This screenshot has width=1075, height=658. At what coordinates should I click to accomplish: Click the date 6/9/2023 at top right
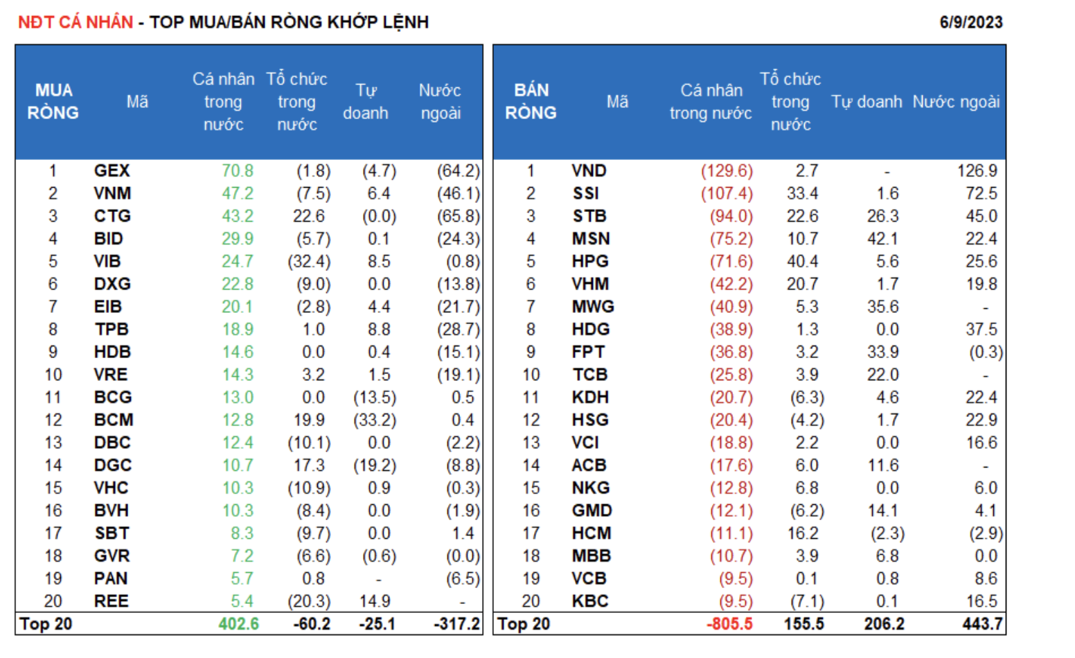click(x=970, y=22)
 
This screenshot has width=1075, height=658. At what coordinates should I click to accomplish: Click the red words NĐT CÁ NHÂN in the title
click(x=75, y=22)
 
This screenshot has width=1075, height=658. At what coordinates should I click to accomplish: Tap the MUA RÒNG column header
click(x=53, y=101)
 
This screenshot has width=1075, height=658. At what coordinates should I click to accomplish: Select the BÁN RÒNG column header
click(x=531, y=101)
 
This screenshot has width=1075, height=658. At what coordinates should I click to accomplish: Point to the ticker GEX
click(x=112, y=170)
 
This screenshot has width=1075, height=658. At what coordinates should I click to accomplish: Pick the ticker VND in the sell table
click(x=589, y=170)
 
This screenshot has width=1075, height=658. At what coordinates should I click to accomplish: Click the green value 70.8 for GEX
click(x=238, y=170)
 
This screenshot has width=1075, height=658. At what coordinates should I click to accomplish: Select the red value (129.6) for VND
click(x=727, y=170)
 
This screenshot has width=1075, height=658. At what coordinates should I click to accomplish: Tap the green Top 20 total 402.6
click(x=238, y=624)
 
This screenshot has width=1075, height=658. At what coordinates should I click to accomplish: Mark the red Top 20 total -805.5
click(x=729, y=624)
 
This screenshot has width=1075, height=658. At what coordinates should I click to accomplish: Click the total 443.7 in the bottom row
click(x=981, y=624)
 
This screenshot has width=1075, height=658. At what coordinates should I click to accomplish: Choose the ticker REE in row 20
click(x=112, y=601)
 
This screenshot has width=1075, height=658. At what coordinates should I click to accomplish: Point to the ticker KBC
click(x=590, y=601)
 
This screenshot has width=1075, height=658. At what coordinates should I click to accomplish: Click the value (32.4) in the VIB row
click(x=309, y=261)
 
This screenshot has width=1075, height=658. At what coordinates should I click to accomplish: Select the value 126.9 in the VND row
click(x=977, y=170)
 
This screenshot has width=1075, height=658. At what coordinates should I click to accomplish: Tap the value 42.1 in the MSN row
click(x=882, y=239)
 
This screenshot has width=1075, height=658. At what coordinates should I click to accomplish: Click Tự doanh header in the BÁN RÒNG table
click(x=867, y=102)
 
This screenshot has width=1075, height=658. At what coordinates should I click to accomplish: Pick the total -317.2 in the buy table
click(x=456, y=624)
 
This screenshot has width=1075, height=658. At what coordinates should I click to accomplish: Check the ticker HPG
click(x=590, y=261)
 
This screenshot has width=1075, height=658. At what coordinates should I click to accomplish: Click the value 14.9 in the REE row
click(x=375, y=601)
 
